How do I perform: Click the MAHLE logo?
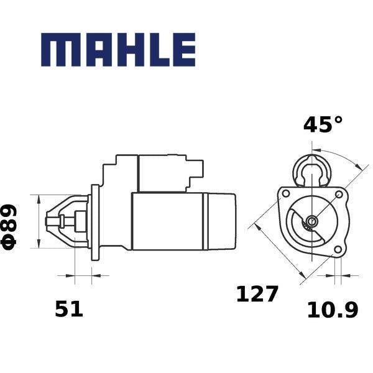coord(118,50)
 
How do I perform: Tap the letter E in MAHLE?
coord(185,50)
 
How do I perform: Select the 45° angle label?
coord(323,124)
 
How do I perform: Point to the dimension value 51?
coord(69,309)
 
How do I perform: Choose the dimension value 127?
coord(257,294)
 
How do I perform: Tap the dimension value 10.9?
coord(333,310)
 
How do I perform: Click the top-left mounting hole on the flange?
coord(285,193)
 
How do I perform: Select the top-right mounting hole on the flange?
coord(339,195)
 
